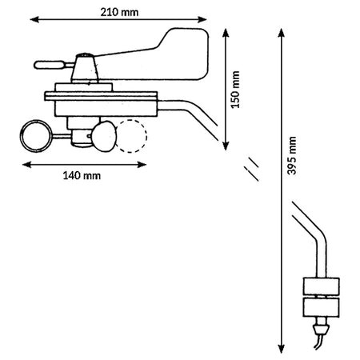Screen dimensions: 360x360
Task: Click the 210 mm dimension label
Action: point(119,12)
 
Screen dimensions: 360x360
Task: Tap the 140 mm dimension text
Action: point(82,176)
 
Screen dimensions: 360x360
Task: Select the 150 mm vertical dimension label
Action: point(235,90)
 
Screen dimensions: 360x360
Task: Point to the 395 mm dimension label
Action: point(292,156)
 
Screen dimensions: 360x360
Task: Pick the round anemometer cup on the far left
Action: point(36,136)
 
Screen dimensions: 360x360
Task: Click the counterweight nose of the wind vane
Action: point(50,65)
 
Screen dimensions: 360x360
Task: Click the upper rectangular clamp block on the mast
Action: point(322,286)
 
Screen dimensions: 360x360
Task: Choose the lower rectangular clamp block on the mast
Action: point(322,307)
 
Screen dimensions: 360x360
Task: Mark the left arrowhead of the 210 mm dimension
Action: point(34,19)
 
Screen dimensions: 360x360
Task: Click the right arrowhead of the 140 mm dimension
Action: point(142,165)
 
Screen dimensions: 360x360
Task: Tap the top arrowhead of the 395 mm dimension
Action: point(281,33)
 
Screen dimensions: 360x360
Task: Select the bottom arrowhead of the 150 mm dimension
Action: point(226,146)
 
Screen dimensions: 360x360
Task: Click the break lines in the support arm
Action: point(251,169)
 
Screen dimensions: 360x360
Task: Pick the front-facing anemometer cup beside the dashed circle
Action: point(104,136)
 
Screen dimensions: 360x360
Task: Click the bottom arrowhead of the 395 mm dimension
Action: point(281,349)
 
